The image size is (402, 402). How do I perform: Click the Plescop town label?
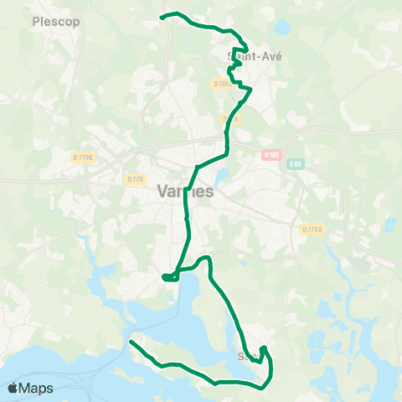pyautogui.click(x=55, y=22)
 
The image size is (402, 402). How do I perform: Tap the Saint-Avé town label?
pyautogui.click(x=255, y=56)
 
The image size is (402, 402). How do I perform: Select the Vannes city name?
pyautogui.click(x=185, y=191)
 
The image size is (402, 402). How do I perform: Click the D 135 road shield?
pyautogui.click(x=223, y=84)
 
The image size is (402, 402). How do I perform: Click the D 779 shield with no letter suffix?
pyautogui.click(x=136, y=178)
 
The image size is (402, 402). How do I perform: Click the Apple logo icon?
pyautogui.click(x=13, y=388)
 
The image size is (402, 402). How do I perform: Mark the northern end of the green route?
pyautogui.click(x=162, y=16)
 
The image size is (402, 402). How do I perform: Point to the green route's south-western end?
pyautogui.click(x=130, y=342)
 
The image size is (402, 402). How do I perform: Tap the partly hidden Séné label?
pyautogui.click(x=248, y=356)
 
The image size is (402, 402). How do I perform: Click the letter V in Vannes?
pyautogui.click(x=162, y=191)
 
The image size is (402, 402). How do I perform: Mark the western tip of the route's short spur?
pyautogui.click(x=162, y=276)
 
